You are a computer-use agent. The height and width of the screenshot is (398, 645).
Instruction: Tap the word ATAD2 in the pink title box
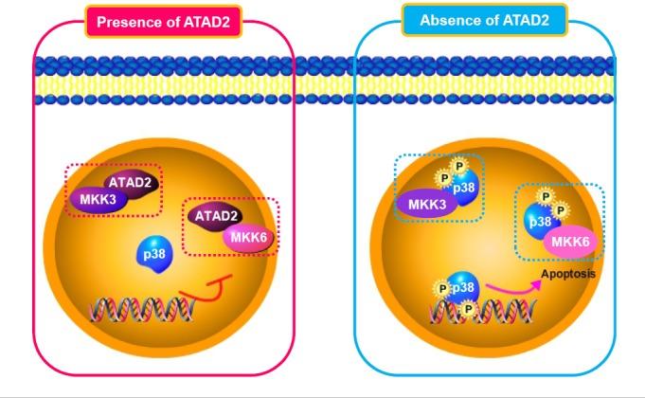[x=209, y=21]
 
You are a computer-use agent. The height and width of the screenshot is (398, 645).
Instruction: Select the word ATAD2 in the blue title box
[x=535, y=20]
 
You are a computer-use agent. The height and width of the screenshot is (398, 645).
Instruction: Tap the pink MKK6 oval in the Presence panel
[x=248, y=237]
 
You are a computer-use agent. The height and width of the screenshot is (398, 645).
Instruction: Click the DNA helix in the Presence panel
[x=142, y=310]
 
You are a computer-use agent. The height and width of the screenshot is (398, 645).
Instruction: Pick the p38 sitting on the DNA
[x=462, y=288]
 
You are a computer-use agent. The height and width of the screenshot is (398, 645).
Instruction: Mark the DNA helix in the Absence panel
[x=474, y=314]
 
